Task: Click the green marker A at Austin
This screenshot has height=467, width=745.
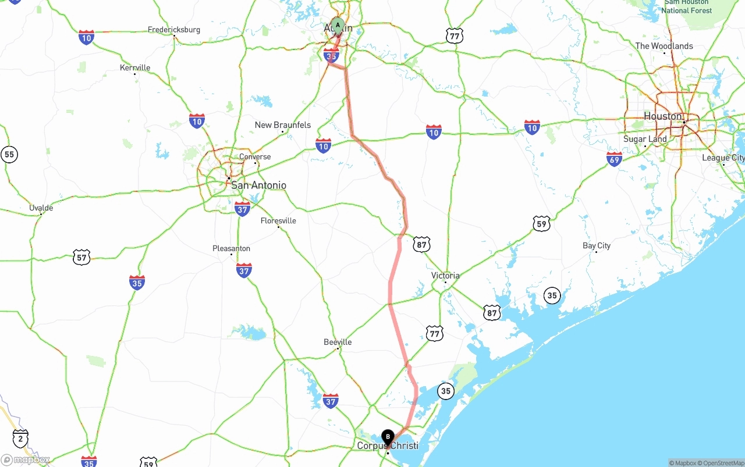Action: coord(338,25)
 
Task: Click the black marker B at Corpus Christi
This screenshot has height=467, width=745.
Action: coord(388,437)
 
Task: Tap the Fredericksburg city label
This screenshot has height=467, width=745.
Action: coord(173,30)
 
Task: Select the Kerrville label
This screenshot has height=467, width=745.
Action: coord(135,67)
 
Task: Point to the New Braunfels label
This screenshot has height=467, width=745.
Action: coord(283,125)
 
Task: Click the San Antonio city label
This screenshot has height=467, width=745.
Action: coord(258,185)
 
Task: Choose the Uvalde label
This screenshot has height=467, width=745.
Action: coord(41,208)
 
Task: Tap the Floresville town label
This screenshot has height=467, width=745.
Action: coord(278,220)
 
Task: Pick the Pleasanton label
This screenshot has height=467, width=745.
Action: coord(231,248)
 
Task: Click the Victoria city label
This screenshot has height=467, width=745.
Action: coord(445,275)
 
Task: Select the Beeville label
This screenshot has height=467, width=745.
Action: coord(338,342)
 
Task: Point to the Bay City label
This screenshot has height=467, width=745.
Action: coord(597,245)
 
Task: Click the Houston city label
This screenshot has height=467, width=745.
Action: coord(662,116)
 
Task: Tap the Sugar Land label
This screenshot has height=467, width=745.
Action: coord(645,139)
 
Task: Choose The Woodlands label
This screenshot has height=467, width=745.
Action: coord(664,46)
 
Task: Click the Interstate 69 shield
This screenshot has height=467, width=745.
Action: coord(614,159)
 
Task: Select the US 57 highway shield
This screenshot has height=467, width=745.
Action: coord(81,257)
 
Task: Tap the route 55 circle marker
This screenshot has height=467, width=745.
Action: coord(9,154)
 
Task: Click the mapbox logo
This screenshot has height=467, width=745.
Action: coord(26,460)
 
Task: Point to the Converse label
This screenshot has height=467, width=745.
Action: coord(255,156)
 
